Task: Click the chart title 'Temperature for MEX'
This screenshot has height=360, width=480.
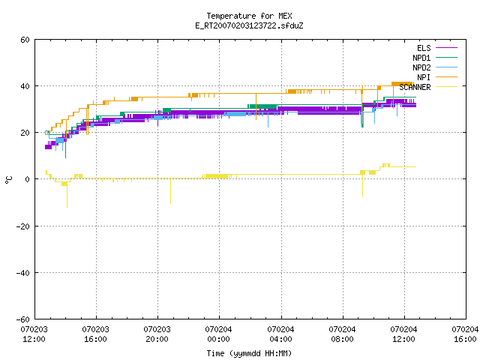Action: tap(249, 16)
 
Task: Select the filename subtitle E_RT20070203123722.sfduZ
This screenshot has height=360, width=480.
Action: tap(249, 25)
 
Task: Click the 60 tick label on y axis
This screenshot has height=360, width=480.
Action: tap(25, 40)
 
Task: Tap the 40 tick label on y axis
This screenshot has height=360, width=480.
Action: tap(25, 86)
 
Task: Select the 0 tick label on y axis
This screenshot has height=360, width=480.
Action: tap(28, 179)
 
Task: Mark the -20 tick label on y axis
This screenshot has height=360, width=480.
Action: tap(23, 226)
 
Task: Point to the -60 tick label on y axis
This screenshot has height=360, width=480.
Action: tap(23, 319)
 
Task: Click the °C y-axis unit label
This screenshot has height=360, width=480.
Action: tap(8, 180)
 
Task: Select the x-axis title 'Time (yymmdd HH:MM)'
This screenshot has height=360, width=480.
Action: tap(249, 353)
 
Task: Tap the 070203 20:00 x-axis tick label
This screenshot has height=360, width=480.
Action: tap(157, 334)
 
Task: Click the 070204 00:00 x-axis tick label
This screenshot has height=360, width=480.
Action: tap(218, 334)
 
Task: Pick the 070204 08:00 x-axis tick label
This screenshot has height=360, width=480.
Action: tap(342, 334)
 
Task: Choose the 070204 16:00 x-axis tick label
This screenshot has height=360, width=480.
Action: tap(465, 334)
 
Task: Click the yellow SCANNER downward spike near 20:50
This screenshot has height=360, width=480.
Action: tap(170, 191)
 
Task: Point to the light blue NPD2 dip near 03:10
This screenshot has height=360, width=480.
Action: tap(268, 120)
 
